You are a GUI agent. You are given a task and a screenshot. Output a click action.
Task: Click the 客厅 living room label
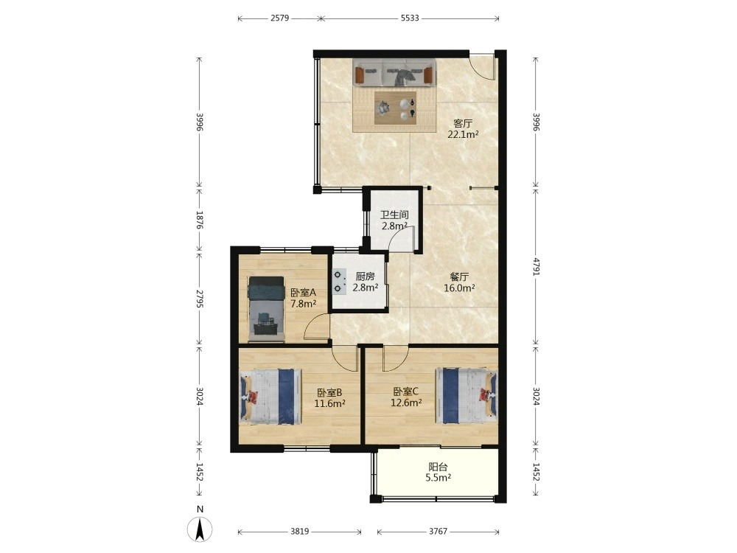pyautogui.click(x=463, y=124)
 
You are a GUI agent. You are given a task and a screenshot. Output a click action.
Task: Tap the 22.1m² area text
pyautogui.click(x=463, y=135)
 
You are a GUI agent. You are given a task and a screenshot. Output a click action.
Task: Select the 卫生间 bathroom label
pyautogui.click(x=394, y=215)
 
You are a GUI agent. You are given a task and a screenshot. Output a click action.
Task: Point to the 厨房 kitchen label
pyautogui.click(x=366, y=276)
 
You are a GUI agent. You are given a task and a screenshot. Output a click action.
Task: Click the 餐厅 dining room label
pyautogui.click(x=459, y=276)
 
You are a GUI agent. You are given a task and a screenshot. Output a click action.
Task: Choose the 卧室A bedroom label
pyautogui.click(x=303, y=293)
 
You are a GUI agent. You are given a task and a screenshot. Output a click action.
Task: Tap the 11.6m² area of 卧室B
pyautogui.click(x=330, y=403)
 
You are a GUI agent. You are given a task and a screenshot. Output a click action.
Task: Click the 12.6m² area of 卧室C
pyautogui.click(x=406, y=403)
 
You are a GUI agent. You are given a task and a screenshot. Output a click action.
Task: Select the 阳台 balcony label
pyautogui.click(x=438, y=467)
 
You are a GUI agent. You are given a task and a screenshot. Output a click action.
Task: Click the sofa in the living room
pyautogui.click(x=394, y=73)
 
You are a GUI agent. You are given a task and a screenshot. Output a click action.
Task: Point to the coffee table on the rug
pyautogui.click(x=395, y=108)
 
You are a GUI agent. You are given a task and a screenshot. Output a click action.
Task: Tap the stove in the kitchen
pyautogui.click(x=339, y=281)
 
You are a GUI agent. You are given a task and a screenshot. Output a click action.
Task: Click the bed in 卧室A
pyautogui.click(x=266, y=308)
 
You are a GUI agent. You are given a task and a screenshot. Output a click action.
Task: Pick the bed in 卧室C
pyautogui.click(x=467, y=395)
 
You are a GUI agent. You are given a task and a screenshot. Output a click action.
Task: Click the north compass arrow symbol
pyautogui.click(x=200, y=529)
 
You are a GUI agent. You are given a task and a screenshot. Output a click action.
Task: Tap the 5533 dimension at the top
pyautogui.click(x=410, y=18)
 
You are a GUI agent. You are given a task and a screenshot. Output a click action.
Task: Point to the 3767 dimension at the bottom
pyautogui.click(x=438, y=532)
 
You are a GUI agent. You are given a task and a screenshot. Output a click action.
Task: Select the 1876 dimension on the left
pyautogui.click(x=199, y=220)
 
